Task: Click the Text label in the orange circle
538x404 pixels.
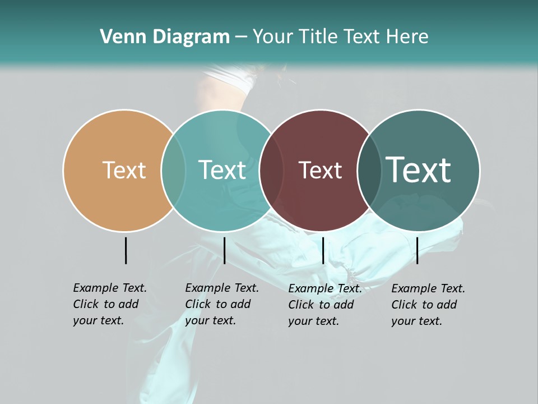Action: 124,170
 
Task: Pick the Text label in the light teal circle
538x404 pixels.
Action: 222,170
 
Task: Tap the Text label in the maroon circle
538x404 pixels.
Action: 320,170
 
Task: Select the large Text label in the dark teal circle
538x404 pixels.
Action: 418,170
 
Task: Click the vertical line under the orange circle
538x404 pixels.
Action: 126,250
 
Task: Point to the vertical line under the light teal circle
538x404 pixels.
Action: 224,250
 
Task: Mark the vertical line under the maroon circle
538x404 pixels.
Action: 323,250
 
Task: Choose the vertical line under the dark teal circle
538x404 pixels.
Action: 417,250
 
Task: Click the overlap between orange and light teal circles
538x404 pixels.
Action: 173,170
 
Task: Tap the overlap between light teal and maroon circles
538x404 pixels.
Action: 271,170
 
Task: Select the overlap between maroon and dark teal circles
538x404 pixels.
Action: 368,170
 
